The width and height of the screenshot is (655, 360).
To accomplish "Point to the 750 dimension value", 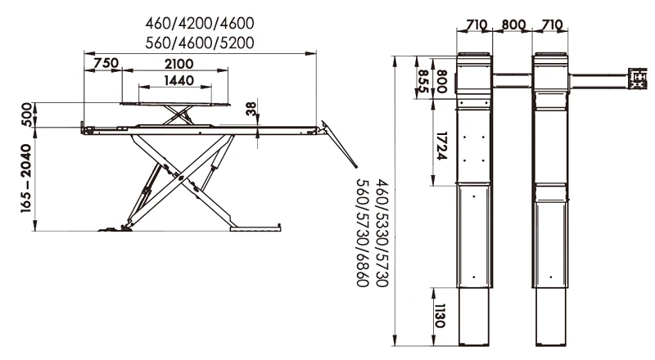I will [x=105, y=64].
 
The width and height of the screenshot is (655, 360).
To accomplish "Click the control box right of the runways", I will [x=638, y=79].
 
